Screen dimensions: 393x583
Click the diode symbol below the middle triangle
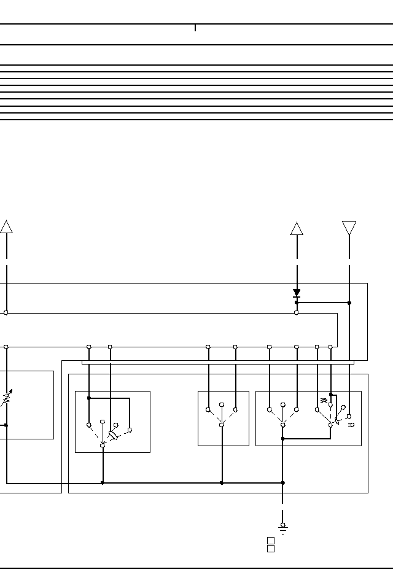(x=297, y=293)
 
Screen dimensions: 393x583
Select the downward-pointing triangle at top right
(x=349, y=228)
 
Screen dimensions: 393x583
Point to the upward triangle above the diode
(x=297, y=228)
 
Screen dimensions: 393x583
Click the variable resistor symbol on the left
(x=6, y=398)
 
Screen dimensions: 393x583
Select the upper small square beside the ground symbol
(x=270, y=540)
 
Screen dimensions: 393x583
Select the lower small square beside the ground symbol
(x=270, y=549)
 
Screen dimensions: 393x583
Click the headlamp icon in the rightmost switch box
(x=351, y=424)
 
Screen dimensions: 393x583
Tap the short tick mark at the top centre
(x=195, y=28)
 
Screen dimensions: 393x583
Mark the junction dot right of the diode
(x=349, y=303)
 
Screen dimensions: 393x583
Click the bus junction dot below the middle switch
(x=222, y=483)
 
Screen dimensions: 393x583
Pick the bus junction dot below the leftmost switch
(x=103, y=483)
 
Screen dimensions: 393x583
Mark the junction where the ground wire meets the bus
(x=282, y=483)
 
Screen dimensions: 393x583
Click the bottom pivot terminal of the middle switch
(x=222, y=425)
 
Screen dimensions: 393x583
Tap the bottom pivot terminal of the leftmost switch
(x=103, y=445)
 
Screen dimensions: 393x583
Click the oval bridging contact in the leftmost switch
(x=113, y=436)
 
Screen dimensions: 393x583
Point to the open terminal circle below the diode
(x=297, y=313)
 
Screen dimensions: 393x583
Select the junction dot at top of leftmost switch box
(x=89, y=398)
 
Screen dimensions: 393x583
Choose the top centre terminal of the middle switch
(x=222, y=405)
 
